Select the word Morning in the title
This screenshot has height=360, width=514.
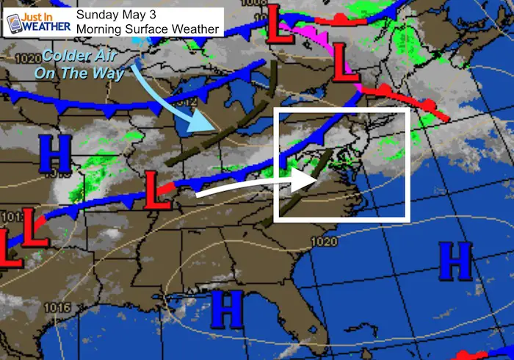[x=104, y=29]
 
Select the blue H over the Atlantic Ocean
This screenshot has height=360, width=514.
[x=455, y=261]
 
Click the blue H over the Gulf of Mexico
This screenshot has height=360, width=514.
[x=228, y=309]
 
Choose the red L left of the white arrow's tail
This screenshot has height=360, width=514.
[x=156, y=190]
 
